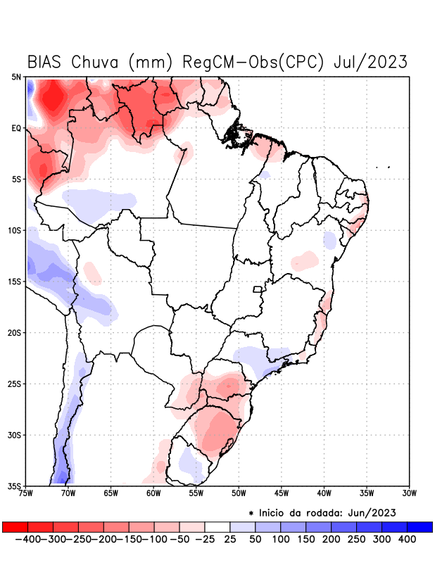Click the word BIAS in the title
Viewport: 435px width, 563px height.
click(47, 62)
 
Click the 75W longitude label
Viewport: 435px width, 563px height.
click(27, 493)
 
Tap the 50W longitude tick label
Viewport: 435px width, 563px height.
click(239, 493)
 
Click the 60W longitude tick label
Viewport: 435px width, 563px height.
click(153, 493)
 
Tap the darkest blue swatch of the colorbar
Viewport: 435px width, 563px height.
click(420, 526)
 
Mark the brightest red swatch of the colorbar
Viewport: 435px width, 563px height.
click(15, 526)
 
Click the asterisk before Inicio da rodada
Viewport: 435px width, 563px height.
click(251, 513)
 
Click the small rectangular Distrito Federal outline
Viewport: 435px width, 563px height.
click(258, 289)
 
